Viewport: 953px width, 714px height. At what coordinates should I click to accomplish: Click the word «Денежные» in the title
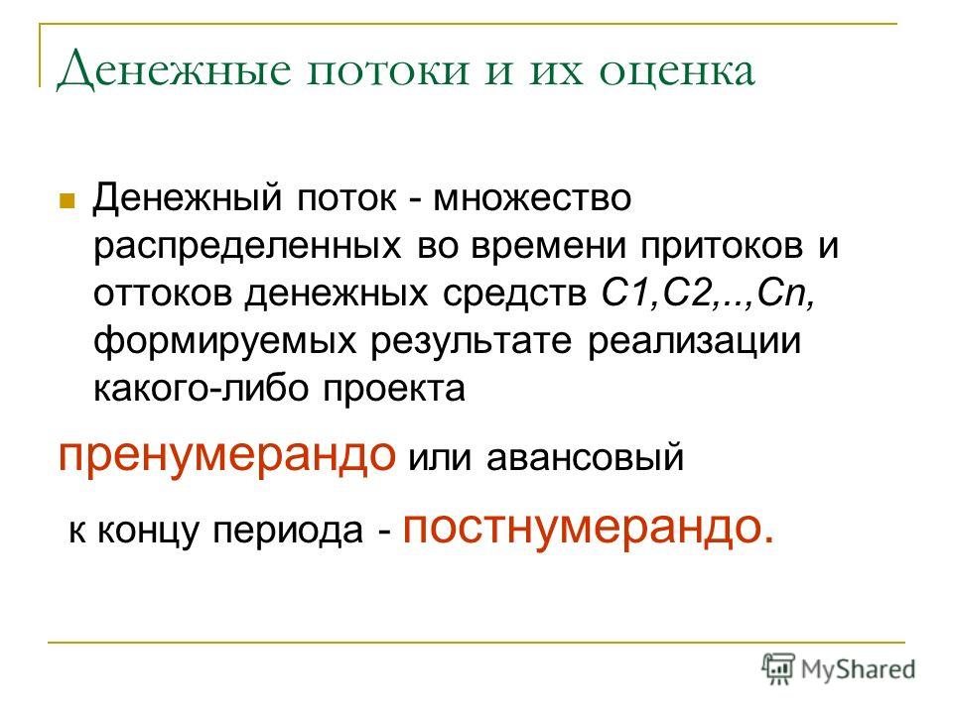[174, 69]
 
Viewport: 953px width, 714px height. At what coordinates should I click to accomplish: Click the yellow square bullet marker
[67, 200]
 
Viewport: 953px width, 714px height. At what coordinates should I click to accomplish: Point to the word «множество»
[532, 198]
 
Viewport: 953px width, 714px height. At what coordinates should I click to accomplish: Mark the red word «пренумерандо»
[226, 456]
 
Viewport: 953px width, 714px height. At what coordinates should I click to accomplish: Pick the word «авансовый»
[585, 458]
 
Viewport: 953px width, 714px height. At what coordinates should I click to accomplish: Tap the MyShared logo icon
[778, 668]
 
